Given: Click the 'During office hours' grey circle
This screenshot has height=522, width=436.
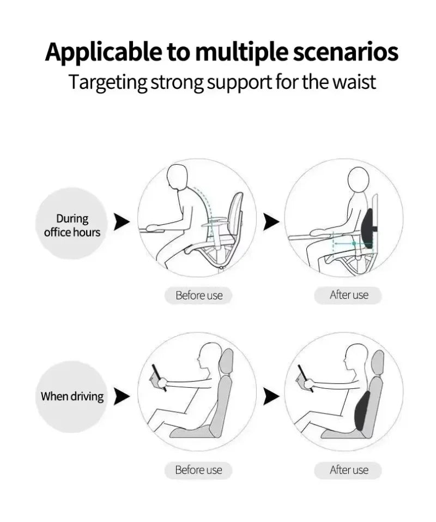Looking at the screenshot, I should tap(72, 223).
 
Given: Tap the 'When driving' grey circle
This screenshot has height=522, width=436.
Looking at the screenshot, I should tap(72, 397).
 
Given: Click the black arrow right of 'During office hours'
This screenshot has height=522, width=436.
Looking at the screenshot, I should tap(122, 222).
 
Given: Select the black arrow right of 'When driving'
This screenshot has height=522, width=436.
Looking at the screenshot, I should tap(122, 397).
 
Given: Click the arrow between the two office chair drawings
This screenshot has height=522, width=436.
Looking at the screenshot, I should tap(271, 222).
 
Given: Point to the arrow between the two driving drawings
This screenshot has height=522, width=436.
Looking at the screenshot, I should tap(271, 397).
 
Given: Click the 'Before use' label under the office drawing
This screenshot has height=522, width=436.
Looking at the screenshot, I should tap(199, 296).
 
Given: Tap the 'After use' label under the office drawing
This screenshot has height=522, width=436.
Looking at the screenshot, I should tap(349, 295).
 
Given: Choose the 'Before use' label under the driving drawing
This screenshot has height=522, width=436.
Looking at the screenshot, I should tap(199, 470).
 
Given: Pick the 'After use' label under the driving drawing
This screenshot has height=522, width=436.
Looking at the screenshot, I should tap(349, 470).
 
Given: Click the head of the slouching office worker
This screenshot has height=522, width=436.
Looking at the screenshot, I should tap(178, 177).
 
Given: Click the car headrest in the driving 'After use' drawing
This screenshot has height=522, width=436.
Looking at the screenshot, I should tap(377, 361).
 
